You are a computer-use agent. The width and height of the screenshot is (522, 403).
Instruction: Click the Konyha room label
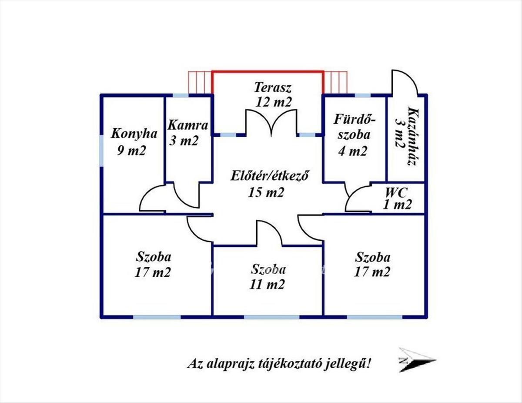click(x=134, y=133)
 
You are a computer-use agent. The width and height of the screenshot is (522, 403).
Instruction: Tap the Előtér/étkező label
click(x=270, y=177)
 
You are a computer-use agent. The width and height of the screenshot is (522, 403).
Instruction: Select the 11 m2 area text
click(x=268, y=285)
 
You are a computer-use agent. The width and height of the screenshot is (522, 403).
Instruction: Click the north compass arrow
click(x=417, y=360)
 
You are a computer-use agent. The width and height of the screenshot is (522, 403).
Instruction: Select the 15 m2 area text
click(x=266, y=192)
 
